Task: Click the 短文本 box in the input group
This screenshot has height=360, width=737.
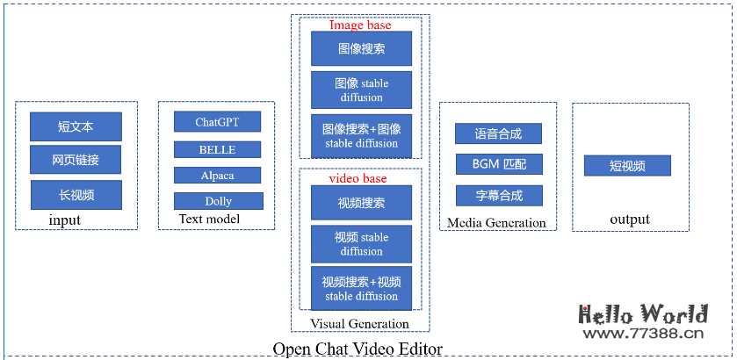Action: click(x=76, y=127)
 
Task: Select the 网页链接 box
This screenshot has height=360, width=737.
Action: click(x=76, y=160)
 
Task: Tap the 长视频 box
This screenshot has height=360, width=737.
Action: click(x=76, y=195)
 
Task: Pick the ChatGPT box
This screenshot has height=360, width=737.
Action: click(x=217, y=122)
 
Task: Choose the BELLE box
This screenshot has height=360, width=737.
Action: click(x=217, y=149)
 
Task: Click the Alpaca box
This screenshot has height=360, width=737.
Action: click(x=217, y=176)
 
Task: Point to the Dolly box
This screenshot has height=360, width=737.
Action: click(x=219, y=201)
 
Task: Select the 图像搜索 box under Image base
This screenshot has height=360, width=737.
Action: click(x=361, y=49)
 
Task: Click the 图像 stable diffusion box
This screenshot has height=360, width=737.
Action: click(x=361, y=90)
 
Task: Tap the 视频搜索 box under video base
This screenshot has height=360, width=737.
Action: click(x=361, y=203)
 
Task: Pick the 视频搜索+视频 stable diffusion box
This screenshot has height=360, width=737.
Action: click(x=361, y=289)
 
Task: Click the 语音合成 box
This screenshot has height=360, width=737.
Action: click(x=498, y=133)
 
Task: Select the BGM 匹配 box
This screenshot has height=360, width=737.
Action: click(x=498, y=164)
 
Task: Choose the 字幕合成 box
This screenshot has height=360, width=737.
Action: click(x=498, y=195)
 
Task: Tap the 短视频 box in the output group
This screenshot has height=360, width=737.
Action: click(x=627, y=166)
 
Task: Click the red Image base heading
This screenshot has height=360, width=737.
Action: click(x=360, y=25)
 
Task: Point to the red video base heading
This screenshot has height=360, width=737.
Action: click(x=358, y=178)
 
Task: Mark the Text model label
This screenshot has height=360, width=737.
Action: click(x=209, y=219)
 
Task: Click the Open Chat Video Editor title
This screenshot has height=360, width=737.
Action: click(x=357, y=349)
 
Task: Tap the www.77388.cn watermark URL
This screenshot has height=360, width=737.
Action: click(x=643, y=333)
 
